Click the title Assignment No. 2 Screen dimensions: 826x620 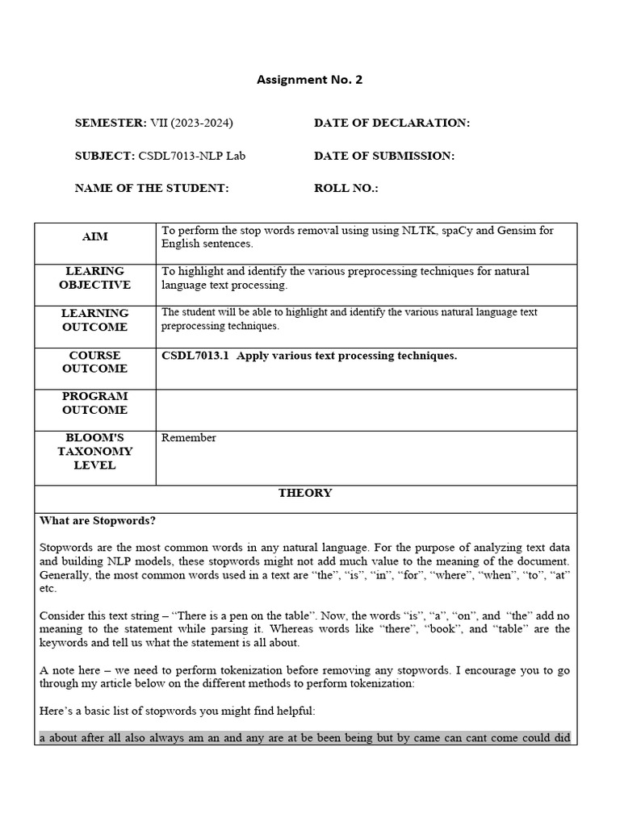click(x=304, y=79)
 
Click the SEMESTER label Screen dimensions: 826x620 click(x=110, y=123)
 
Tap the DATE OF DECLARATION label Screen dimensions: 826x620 click(x=392, y=123)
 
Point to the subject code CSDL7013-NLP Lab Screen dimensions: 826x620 click(x=191, y=156)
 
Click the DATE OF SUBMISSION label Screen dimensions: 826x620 click(x=383, y=156)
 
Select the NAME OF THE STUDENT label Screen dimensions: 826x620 click(x=152, y=188)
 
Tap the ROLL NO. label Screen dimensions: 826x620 click(x=346, y=188)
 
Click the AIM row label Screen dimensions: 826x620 click(x=95, y=237)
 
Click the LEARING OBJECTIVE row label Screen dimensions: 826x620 click(x=95, y=278)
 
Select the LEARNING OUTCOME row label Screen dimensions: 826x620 click(x=95, y=319)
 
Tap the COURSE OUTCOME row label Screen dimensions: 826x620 click(x=95, y=362)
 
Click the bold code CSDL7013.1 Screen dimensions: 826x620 click(x=195, y=356)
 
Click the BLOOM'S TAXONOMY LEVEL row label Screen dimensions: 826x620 click(x=95, y=452)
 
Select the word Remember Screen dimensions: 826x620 click(x=189, y=438)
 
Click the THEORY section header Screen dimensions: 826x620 click(x=305, y=493)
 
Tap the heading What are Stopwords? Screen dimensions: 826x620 click(x=98, y=521)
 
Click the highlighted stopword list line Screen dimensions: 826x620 click(x=305, y=737)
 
